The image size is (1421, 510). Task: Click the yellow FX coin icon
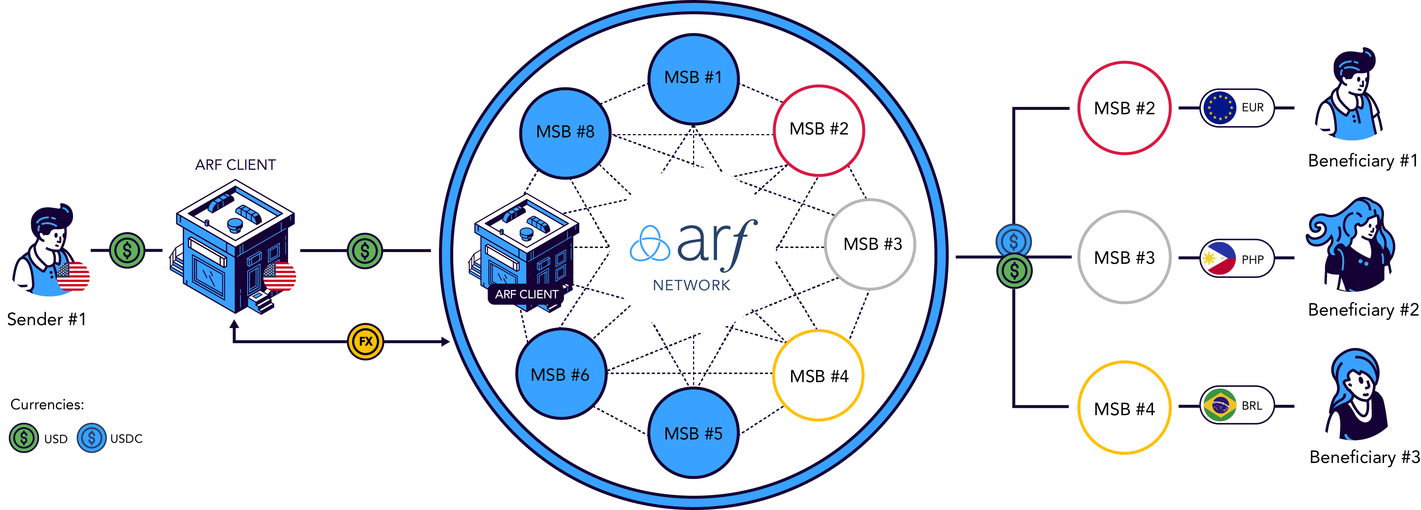click(x=365, y=342)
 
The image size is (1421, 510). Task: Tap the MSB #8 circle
click(x=565, y=133)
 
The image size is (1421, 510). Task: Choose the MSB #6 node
click(x=560, y=374)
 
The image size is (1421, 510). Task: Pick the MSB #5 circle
click(x=693, y=433)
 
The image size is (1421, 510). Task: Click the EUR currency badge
click(x=1237, y=108)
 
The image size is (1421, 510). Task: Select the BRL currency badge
click(x=1237, y=405)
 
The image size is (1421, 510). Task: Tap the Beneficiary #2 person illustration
click(x=1350, y=244)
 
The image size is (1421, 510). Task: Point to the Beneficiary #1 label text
click(x=1363, y=161)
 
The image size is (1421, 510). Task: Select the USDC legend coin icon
click(x=91, y=438)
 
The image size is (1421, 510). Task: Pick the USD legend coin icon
click(x=24, y=438)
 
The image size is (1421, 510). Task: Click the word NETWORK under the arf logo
click(x=691, y=285)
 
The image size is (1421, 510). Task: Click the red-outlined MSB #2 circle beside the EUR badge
click(x=1124, y=108)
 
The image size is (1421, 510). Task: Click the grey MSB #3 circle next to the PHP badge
click(x=1124, y=257)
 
